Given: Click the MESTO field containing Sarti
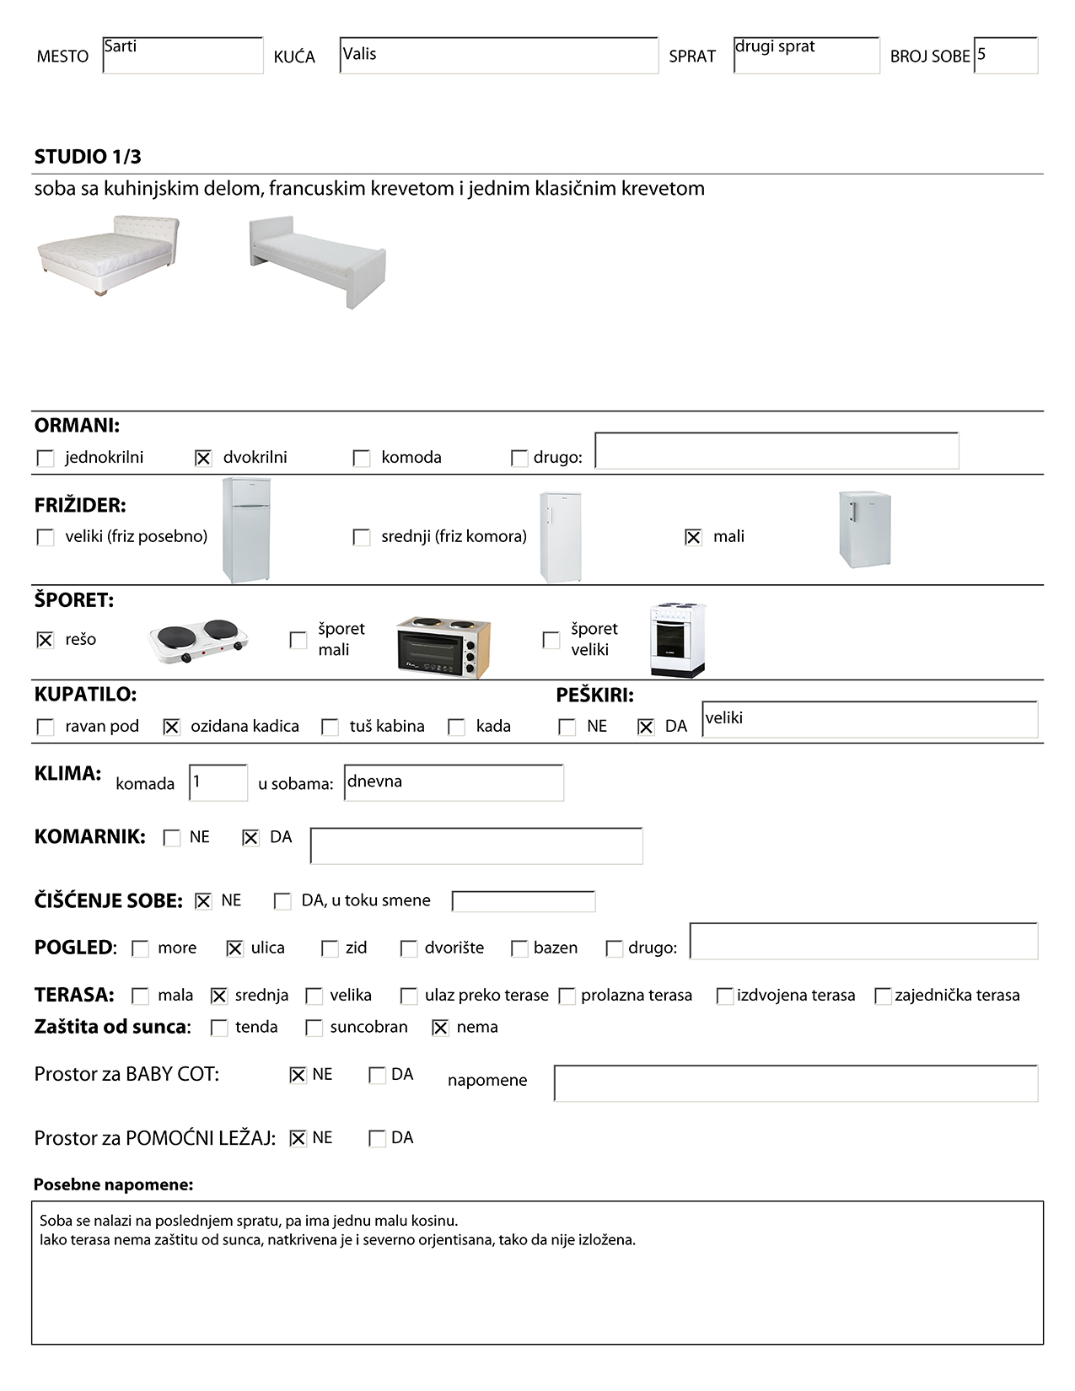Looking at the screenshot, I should (x=183, y=56).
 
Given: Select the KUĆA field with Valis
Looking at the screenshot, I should (x=498, y=56).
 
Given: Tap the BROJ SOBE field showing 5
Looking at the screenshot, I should (x=1005, y=56).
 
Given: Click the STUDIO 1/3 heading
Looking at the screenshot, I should (x=88, y=157).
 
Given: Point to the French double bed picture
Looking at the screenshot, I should (x=109, y=255).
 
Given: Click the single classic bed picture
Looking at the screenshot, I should (x=317, y=260).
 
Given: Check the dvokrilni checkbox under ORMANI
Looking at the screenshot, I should (x=203, y=458).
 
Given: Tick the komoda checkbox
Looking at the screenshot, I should (x=362, y=458).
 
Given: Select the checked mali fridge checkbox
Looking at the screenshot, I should (x=693, y=537).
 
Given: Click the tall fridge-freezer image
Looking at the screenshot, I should (x=246, y=529).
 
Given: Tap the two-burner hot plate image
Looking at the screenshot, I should (x=199, y=641).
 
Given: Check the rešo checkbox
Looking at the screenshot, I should (x=46, y=640).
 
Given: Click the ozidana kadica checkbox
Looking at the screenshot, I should (x=171, y=727).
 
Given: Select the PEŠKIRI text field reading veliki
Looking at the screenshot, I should (x=869, y=720).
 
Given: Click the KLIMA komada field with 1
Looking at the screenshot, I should (x=218, y=782).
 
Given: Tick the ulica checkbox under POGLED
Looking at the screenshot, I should (x=235, y=948).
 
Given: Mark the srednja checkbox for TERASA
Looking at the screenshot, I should (x=219, y=996).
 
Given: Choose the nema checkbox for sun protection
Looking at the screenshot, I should (x=440, y=1028).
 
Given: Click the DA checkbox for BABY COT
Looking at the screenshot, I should (x=377, y=1075).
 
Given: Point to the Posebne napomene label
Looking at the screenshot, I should (x=113, y=1184).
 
